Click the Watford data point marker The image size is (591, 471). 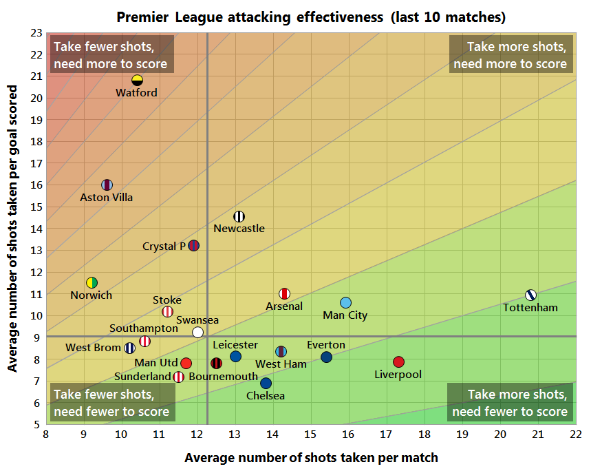[x=137, y=80]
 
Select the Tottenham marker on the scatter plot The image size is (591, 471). [x=530, y=295]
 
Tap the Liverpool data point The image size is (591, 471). [x=398, y=362]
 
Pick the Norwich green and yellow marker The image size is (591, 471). [x=92, y=282]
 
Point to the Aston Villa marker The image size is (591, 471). [x=107, y=185]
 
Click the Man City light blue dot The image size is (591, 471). [x=345, y=303]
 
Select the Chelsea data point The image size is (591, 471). [x=266, y=383]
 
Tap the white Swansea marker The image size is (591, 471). [x=198, y=332]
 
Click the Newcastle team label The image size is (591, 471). [x=239, y=229]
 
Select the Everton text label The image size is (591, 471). [x=326, y=345]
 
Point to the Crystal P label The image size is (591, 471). [x=164, y=246]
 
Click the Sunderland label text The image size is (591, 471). [x=142, y=377]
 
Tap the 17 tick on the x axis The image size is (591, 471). [x=387, y=435]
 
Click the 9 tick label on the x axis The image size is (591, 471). [x=84, y=435]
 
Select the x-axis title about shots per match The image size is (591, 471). [x=311, y=457]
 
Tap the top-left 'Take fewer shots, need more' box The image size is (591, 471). [x=111, y=56]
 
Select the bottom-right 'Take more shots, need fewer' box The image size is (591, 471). [x=510, y=404]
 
